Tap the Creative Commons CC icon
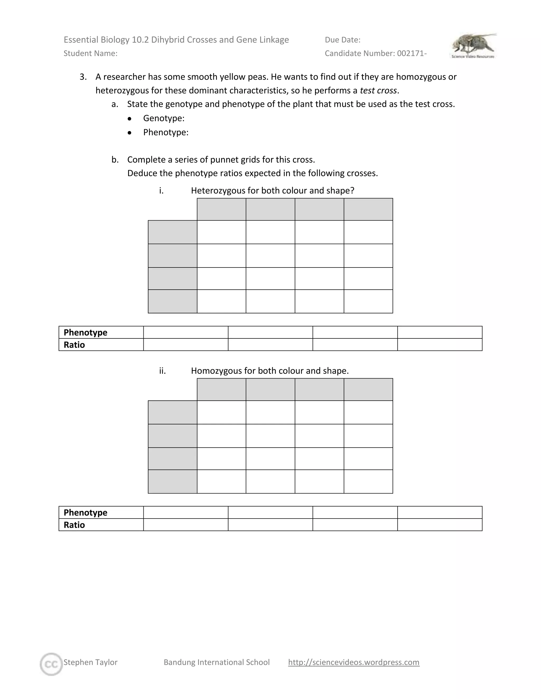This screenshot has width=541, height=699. pyautogui.click(x=51, y=664)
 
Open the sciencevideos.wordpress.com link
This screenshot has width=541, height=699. pyautogui.click(x=353, y=662)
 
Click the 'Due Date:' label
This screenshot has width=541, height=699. pyautogui.click(x=342, y=40)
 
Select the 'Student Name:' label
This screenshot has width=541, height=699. pyautogui.click(x=90, y=54)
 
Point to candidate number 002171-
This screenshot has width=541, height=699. pyautogui.click(x=412, y=54)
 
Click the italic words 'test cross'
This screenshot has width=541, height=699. pyautogui.click(x=378, y=90)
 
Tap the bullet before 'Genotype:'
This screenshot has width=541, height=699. pyautogui.click(x=129, y=119)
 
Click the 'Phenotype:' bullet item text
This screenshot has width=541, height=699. pyautogui.click(x=166, y=132)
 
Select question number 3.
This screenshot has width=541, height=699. pyautogui.click(x=83, y=77)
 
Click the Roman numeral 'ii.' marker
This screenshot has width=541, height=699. pyautogui.click(x=162, y=371)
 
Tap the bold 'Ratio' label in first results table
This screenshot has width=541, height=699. pyautogui.click(x=74, y=345)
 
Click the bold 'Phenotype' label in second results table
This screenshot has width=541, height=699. pyautogui.click(x=85, y=513)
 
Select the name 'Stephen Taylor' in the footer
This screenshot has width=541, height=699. pyautogui.click(x=90, y=662)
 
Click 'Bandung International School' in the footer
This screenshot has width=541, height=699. pyautogui.click(x=217, y=662)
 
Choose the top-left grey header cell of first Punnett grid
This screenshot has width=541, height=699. pyautogui.click(x=221, y=209)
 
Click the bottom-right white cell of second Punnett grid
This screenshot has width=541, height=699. pyautogui.click(x=368, y=481)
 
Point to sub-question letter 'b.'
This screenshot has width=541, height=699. pyautogui.click(x=115, y=160)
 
